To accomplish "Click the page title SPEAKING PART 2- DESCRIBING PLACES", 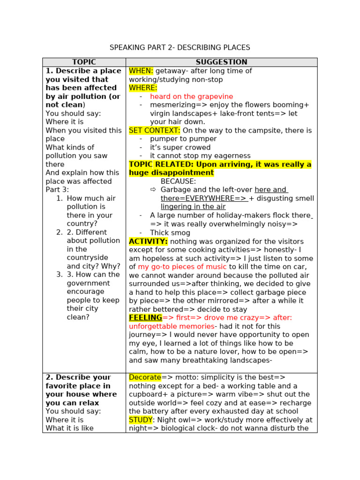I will (180, 47).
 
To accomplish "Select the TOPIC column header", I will (84, 62).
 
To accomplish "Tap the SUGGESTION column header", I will (221, 62).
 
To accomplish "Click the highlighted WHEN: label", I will (141, 71).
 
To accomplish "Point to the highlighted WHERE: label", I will (143, 88).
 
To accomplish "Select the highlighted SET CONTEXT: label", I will (154, 130).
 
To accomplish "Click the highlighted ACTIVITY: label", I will (148, 241).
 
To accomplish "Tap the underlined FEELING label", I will (145, 317).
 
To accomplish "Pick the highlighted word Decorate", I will (145, 377).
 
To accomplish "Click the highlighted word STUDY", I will (141, 420).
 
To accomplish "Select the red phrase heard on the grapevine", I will (191, 97).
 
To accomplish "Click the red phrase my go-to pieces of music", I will (182, 266).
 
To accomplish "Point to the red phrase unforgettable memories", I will (172, 326).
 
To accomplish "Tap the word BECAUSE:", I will (178, 181).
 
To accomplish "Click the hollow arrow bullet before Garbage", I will (153, 190).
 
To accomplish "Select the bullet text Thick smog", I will (170, 232).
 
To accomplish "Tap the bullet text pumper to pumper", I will (183, 139).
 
